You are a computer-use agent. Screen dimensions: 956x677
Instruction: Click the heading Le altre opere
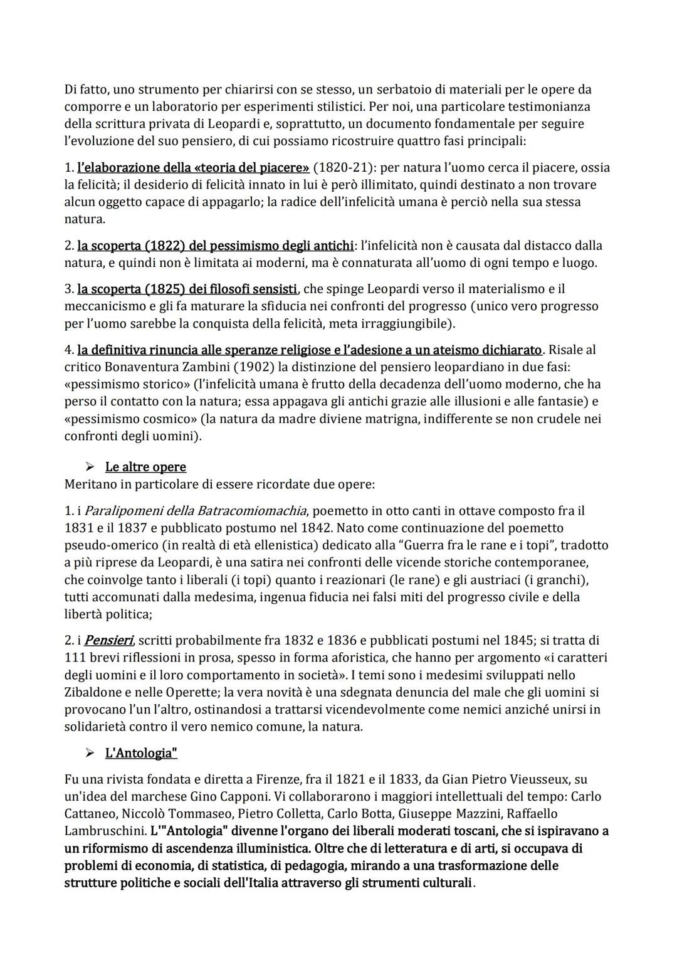(145, 467)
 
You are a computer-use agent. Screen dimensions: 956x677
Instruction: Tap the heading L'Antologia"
(141, 753)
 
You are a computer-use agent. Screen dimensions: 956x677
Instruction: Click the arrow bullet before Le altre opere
(90, 467)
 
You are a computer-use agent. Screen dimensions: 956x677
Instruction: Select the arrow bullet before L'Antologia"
(90, 753)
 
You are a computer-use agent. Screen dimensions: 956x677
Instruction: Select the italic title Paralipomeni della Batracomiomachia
(196, 511)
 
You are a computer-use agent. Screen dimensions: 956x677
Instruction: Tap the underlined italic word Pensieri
(108, 641)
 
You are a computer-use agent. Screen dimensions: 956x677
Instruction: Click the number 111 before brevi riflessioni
(75, 658)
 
